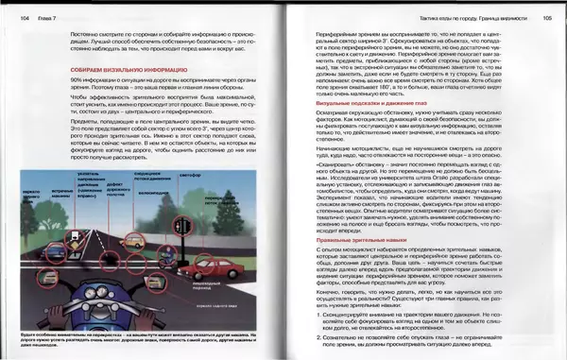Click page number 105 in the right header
tap(547, 17)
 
